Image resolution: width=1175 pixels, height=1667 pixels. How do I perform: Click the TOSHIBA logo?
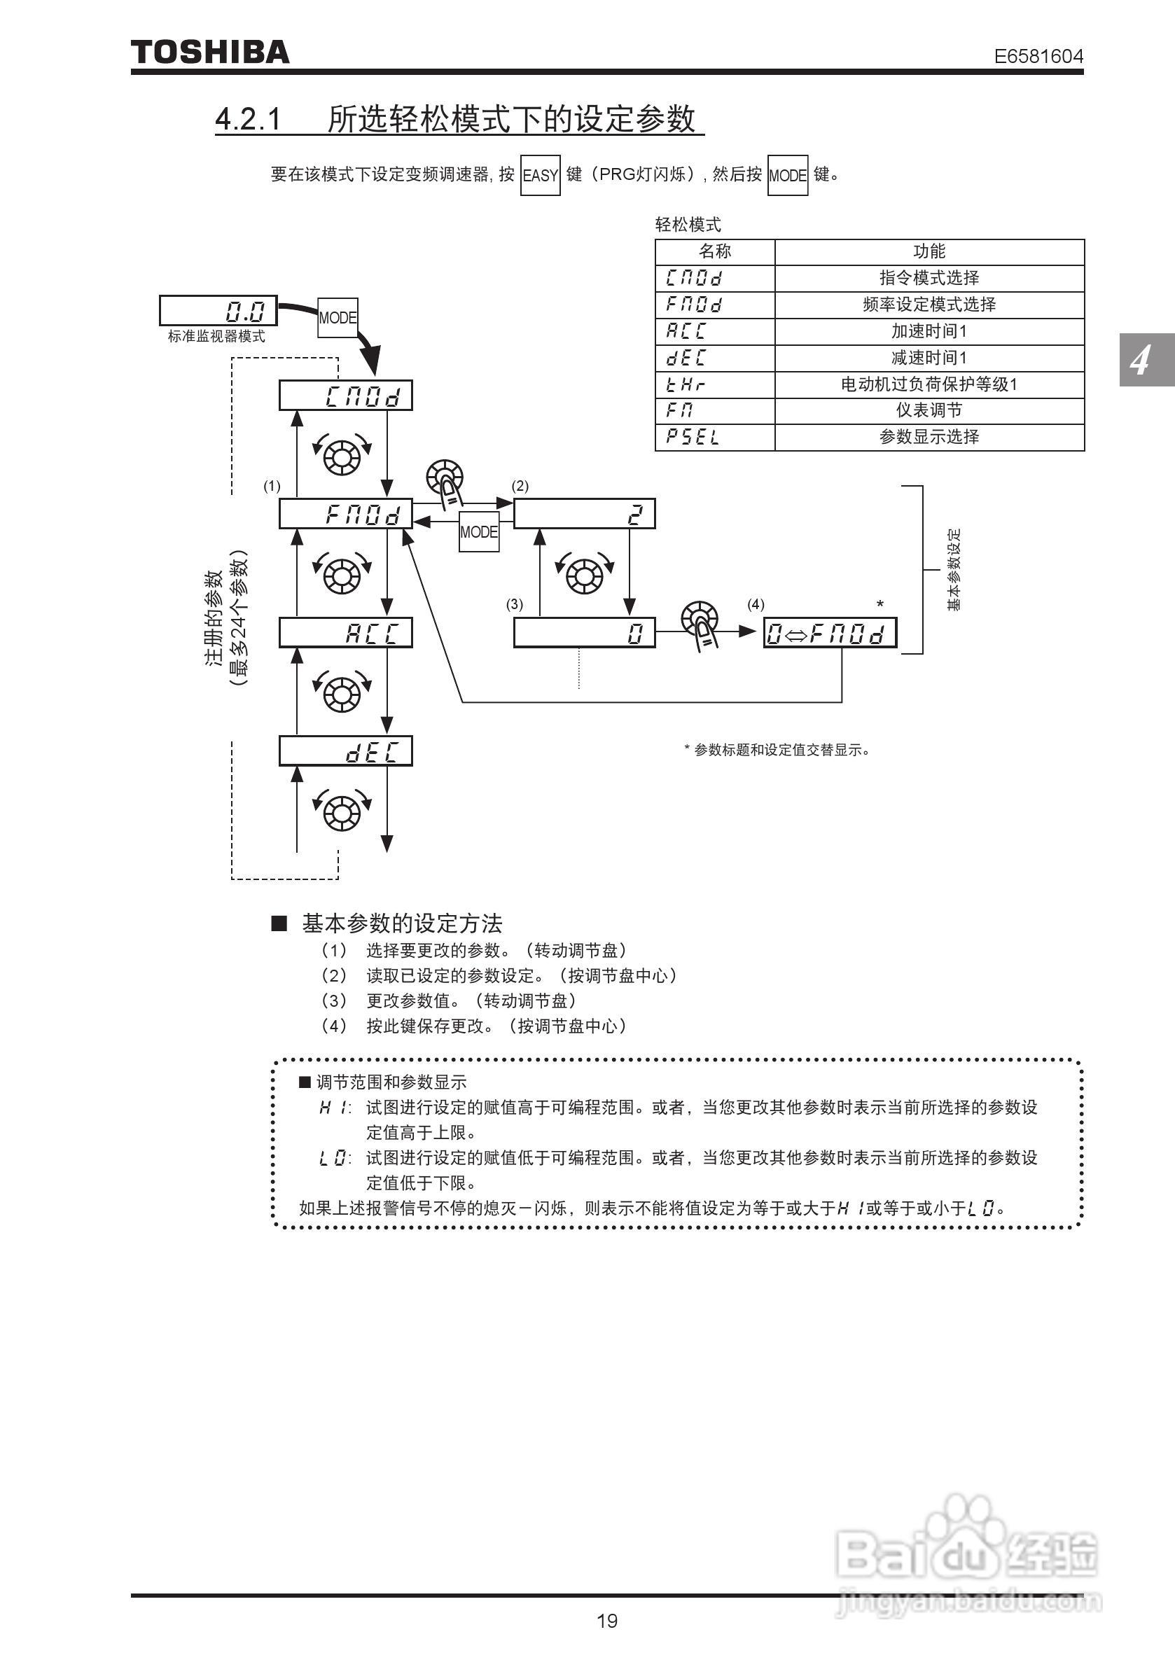tap(210, 53)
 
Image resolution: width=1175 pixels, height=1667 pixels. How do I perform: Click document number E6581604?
tap(1038, 56)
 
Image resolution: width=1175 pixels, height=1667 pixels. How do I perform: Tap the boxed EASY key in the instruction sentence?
tap(541, 175)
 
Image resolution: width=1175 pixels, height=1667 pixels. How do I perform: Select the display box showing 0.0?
tap(218, 311)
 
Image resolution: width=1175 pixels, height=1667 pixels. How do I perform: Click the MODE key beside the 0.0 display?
tap(338, 318)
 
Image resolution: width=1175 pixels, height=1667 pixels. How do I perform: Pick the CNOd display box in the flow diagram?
tap(346, 396)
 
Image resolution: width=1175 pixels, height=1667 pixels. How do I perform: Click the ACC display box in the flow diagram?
tap(346, 633)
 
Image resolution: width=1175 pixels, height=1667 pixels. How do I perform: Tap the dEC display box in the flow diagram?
tap(346, 751)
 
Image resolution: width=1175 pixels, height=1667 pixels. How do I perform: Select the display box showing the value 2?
tap(584, 514)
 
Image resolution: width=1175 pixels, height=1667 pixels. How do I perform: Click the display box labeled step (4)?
tap(829, 633)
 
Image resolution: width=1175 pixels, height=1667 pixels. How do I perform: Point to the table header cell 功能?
tap(929, 251)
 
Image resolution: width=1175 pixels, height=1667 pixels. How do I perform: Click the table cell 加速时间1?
tap(929, 331)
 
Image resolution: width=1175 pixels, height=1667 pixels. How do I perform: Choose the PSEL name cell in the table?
tap(714, 437)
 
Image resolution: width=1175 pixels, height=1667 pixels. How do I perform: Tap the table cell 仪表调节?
tap(929, 410)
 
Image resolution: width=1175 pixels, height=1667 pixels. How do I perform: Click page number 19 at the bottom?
tap(607, 1621)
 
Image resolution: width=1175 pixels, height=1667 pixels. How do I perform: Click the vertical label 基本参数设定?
tap(954, 570)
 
